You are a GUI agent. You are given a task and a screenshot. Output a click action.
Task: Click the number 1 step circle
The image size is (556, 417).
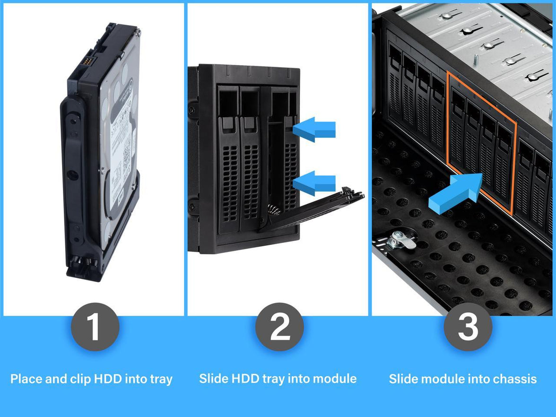95,327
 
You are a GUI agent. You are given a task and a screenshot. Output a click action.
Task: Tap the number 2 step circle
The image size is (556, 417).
279,327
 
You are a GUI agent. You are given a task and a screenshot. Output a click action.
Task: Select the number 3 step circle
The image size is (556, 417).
467,327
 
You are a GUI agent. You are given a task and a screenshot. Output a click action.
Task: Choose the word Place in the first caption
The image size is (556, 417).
27,379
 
